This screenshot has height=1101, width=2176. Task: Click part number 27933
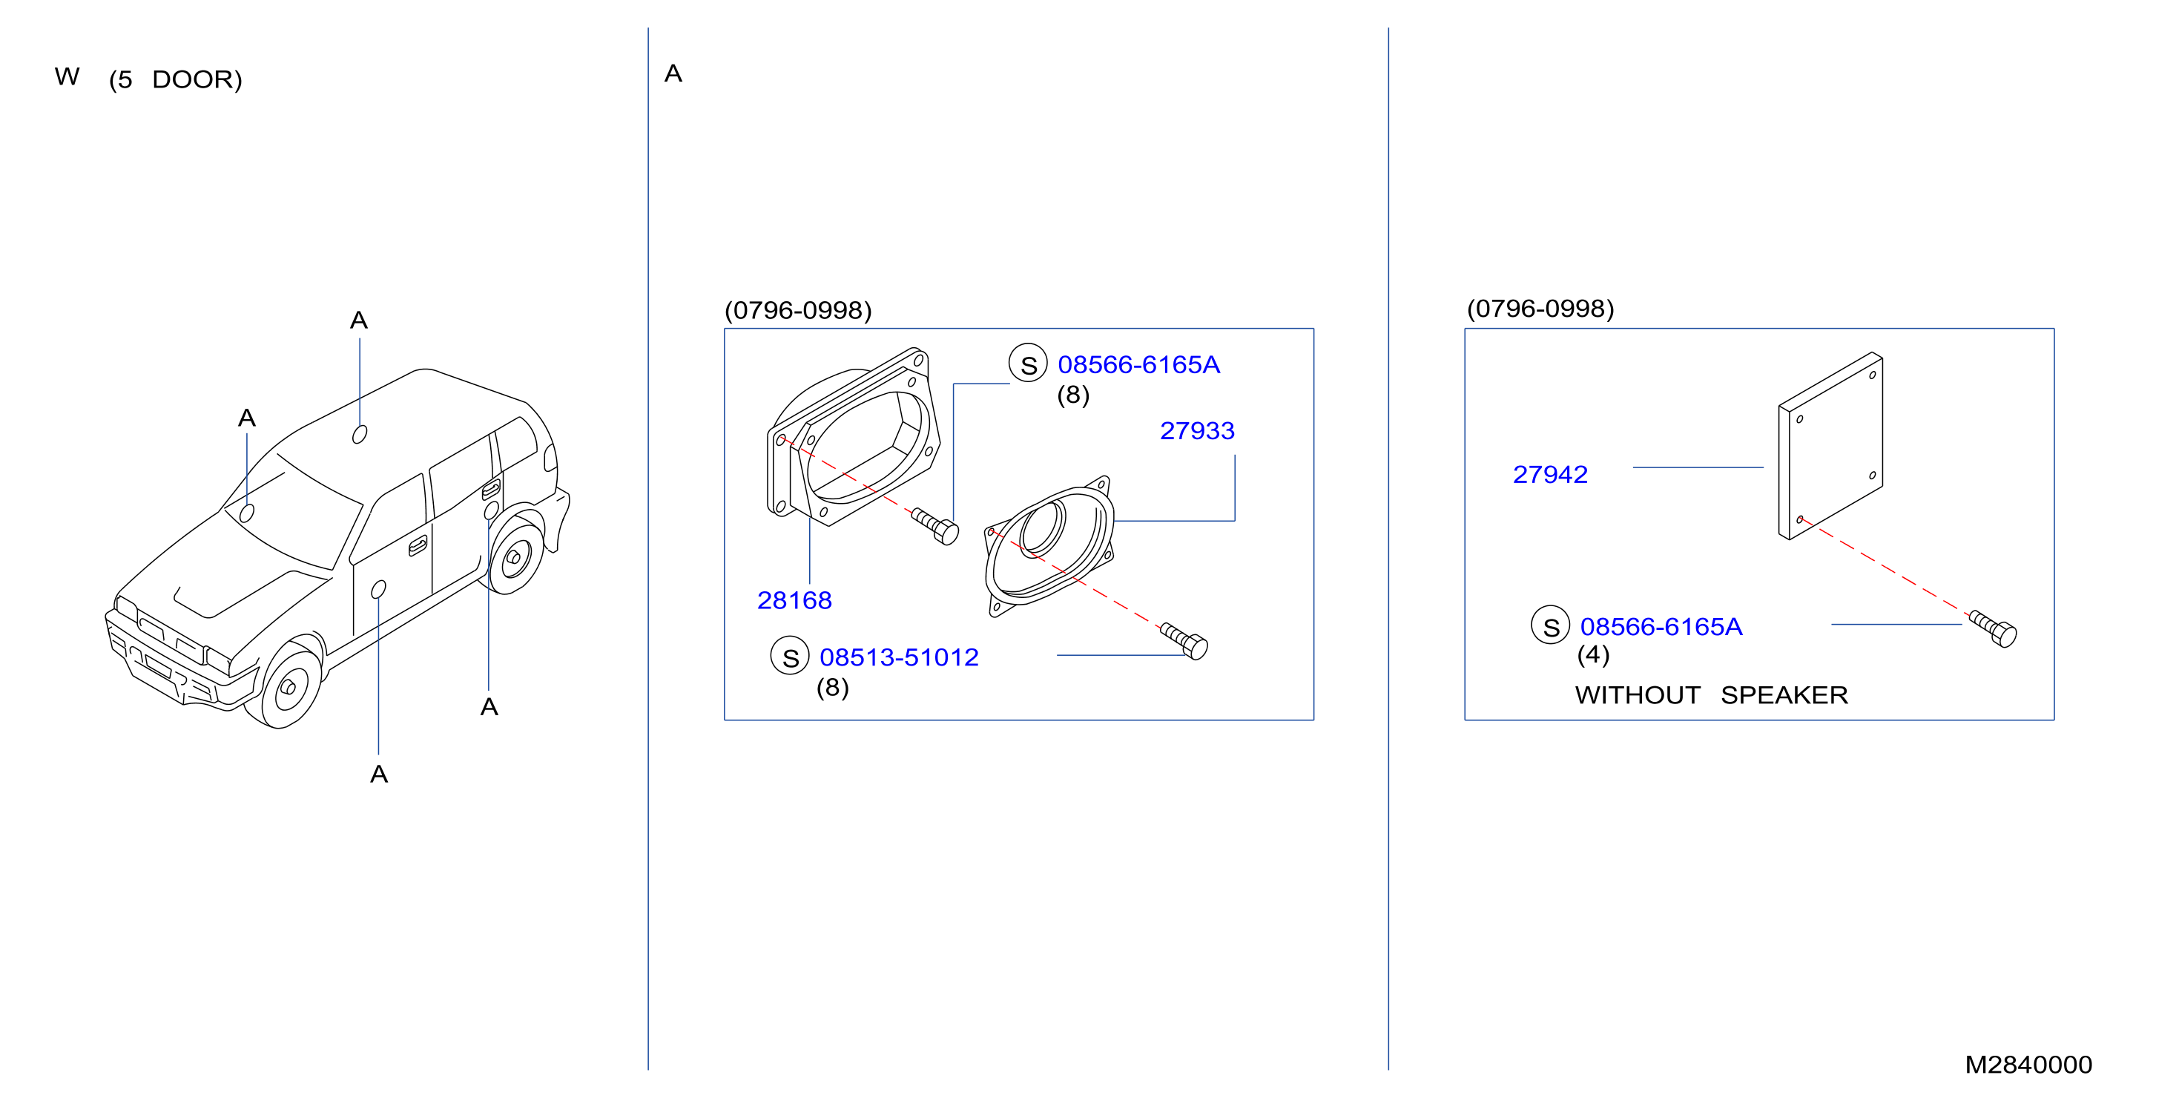(x=1197, y=431)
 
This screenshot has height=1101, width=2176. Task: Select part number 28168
(x=794, y=600)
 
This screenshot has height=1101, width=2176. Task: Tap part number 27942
(x=1550, y=475)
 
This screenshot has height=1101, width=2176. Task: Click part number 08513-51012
(x=899, y=657)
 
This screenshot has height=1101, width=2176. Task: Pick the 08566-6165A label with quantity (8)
(x=1138, y=365)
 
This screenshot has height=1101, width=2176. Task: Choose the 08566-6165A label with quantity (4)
(x=1661, y=627)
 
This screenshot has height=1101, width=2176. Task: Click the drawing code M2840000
(x=2028, y=1065)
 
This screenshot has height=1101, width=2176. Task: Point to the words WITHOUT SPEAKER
(x=1712, y=695)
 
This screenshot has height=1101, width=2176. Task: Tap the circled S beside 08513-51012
(x=790, y=657)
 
